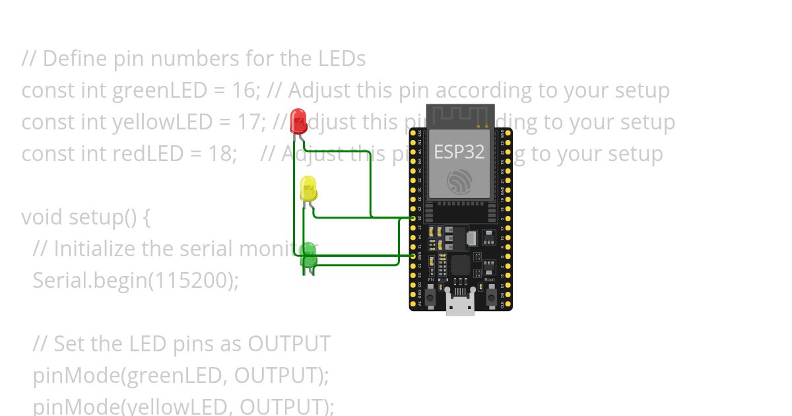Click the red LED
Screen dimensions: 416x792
click(x=298, y=121)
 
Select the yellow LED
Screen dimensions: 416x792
click(x=308, y=189)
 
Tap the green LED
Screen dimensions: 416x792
click(x=308, y=256)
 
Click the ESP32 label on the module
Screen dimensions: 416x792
click(x=459, y=152)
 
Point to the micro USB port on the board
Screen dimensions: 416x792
click(x=460, y=305)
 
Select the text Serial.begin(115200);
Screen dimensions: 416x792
click(x=135, y=281)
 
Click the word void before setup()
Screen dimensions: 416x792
click(x=42, y=217)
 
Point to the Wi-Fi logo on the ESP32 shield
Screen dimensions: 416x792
click(x=459, y=182)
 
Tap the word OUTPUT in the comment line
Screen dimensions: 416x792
click(x=289, y=344)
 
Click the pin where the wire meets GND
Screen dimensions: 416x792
click(x=413, y=256)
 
